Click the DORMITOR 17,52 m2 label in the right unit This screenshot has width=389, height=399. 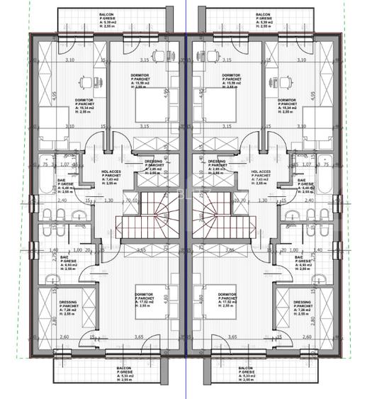227,298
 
